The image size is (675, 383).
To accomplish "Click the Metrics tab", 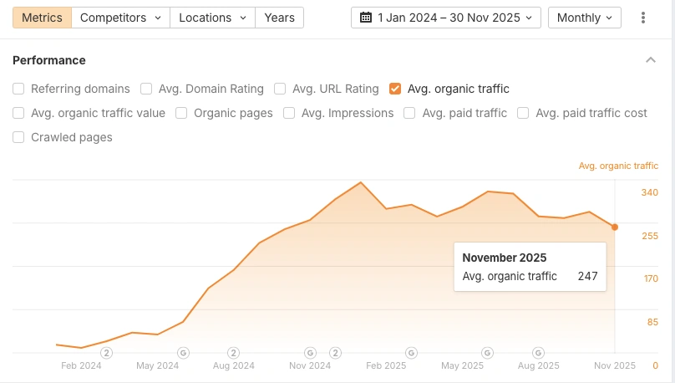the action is pyautogui.click(x=42, y=18).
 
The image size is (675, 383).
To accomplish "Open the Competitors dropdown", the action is pyautogui.click(x=120, y=18).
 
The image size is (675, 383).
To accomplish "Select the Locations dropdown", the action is pyautogui.click(x=213, y=18).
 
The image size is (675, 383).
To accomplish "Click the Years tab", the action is pyautogui.click(x=279, y=18).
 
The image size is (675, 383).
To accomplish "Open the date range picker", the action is pyautogui.click(x=445, y=18).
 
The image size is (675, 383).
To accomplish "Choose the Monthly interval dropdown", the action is pyautogui.click(x=584, y=18).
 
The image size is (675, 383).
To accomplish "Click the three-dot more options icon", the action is pyautogui.click(x=643, y=18).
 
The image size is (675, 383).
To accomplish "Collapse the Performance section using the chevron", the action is pyautogui.click(x=651, y=60).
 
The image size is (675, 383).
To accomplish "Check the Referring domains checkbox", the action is pyautogui.click(x=18, y=89).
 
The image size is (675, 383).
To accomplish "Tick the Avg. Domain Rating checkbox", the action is pyautogui.click(x=146, y=89).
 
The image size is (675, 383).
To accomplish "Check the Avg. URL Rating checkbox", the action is pyautogui.click(x=280, y=89).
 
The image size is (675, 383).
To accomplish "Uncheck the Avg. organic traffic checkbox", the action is pyautogui.click(x=395, y=89).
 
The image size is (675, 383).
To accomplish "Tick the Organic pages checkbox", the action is pyautogui.click(x=181, y=113).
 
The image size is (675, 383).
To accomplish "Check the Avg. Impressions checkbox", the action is pyautogui.click(x=289, y=113).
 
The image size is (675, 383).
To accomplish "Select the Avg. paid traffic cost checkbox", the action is pyautogui.click(x=523, y=113).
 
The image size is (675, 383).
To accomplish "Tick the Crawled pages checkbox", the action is pyautogui.click(x=18, y=137).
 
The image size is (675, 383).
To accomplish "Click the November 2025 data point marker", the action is pyautogui.click(x=615, y=227).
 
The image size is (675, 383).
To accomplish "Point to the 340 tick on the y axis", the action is pyautogui.click(x=650, y=192).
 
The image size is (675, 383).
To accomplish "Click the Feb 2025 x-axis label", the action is pyautogui.click(x=386, y=365).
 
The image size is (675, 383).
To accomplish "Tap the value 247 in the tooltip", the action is pyautogui.click(x=587, y=276).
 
